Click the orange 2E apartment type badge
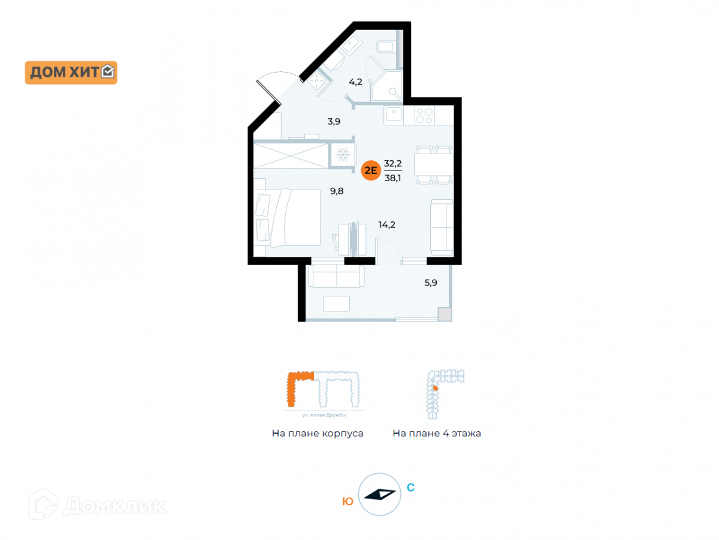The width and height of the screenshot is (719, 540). point(371,170)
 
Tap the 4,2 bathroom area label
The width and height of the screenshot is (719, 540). point(356,82)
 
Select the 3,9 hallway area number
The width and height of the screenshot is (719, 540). point(334,121)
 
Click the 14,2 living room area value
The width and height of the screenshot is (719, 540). point(386,225)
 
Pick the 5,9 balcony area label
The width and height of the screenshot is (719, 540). point(431,283)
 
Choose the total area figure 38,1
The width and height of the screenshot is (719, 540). point(393,178)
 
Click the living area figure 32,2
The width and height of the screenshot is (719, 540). point(393,163)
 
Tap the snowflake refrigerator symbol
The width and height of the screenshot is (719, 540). point(343,155)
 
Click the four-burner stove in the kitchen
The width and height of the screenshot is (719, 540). point(424,115)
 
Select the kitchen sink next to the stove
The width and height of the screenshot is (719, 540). point(394,114)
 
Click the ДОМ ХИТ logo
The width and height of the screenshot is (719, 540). point(71,73)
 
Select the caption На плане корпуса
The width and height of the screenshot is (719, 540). point(318,433)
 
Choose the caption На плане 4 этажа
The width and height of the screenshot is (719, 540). point(437,433)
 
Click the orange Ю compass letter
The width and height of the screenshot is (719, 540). point(348,502)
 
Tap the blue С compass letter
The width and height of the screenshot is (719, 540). point(410,488)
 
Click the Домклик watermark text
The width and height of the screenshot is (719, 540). point(114,506)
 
